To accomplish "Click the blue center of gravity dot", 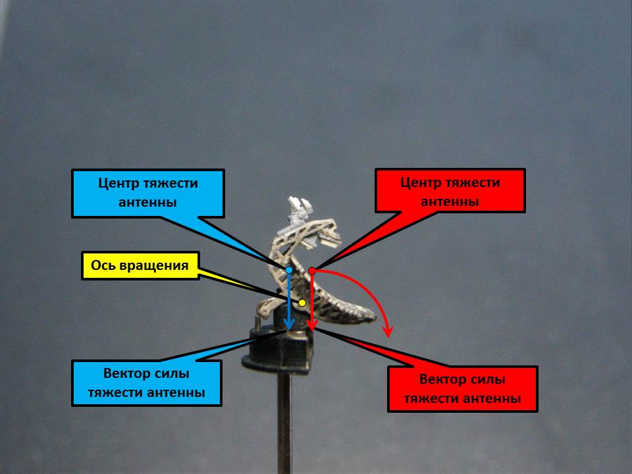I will click(x=289, y=270).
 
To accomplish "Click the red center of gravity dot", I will click(x=312, y=271).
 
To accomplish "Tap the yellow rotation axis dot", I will click(x=302, y=303).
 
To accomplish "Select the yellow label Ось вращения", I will click(x=140, y=266).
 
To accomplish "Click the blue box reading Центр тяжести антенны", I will click(x=148, y=193).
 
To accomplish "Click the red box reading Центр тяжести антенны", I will click(x=450, y=191).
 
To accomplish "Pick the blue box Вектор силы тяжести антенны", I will click(x=147, y=383).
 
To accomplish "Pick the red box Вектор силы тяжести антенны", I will click(x=463, y=389).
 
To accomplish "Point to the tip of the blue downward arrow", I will click(x=288, y=329).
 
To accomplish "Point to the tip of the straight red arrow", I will click(x=312, y=329).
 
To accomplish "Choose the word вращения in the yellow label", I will click(x=155, y=266).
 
